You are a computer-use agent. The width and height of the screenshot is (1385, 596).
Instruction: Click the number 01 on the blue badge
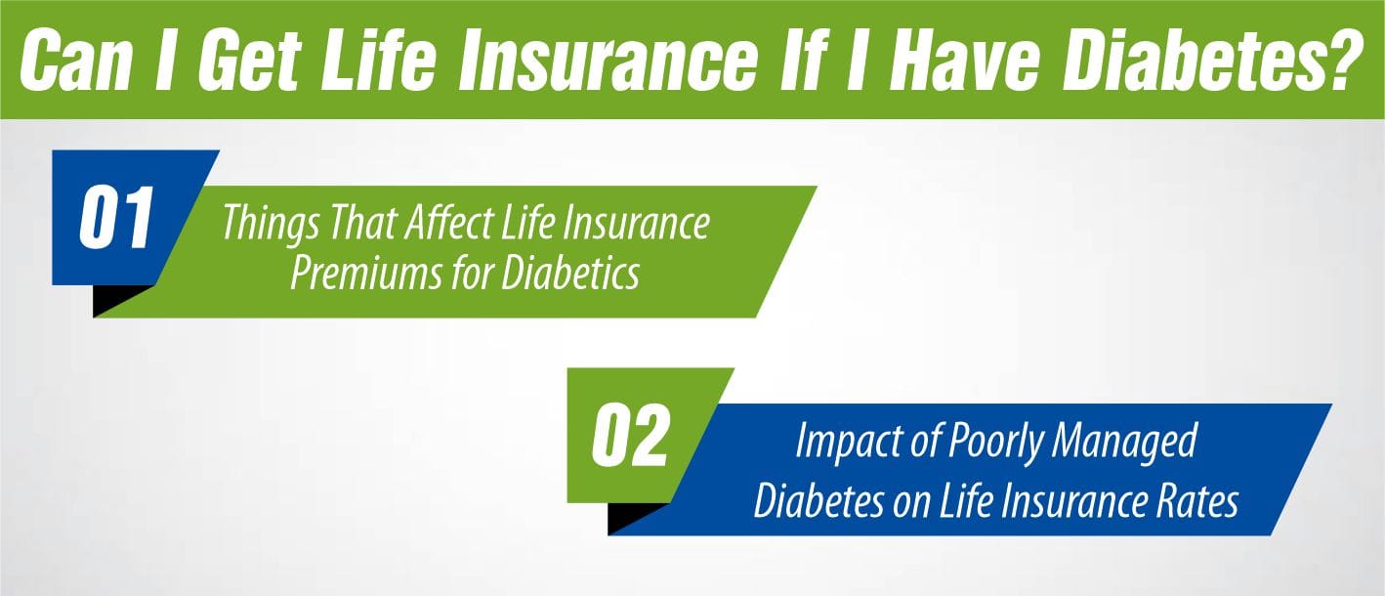pyautogui.click(x=115, y=219)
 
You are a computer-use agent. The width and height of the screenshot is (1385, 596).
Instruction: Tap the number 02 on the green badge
pyautogui.click(x=630, y=438)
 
